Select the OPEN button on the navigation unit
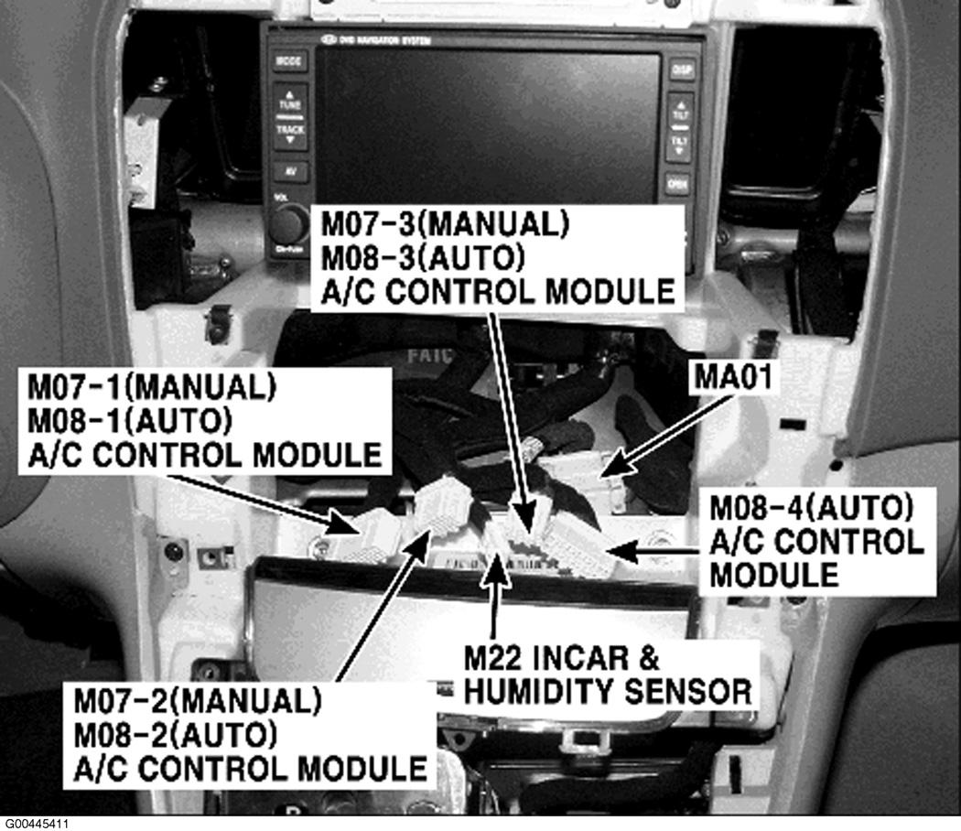point(677,185)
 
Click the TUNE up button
point(289,100)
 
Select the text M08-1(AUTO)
point(129,420)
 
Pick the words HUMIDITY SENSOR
point(608,689)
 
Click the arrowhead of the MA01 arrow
point(605,471)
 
